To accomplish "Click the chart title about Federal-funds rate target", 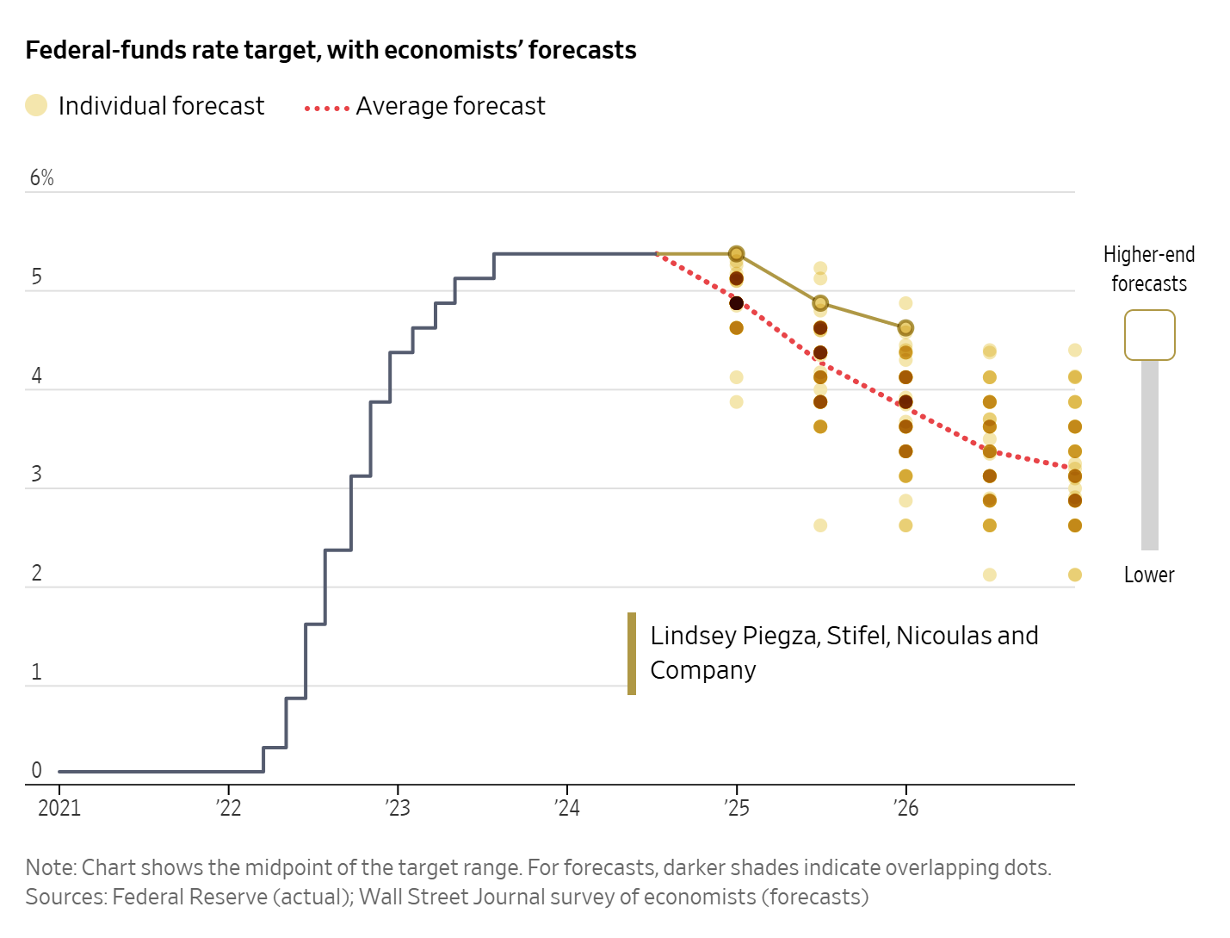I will (x=331, y=50).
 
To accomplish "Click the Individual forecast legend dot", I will (x=36, y=105).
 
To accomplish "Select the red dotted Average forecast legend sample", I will (x=327, y=109).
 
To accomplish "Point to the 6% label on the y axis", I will (x=41, y=177).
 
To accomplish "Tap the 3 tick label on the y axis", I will (x=36, y=475).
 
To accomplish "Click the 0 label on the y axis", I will (x=36, y=770).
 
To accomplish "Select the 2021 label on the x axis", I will (x=59, y=808).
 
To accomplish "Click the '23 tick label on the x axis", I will (x=398, y=808).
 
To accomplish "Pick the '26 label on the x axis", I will (x=906, y=808).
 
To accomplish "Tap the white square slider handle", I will (x=1149, y=335).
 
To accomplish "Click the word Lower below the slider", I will (x=1149, y=575).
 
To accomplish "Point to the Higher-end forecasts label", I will (x=1149, y=269).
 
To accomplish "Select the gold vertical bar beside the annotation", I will (x=632, y=653).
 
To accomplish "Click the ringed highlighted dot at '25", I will (x=736, y=254).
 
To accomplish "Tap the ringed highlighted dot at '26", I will (x=906, y=328).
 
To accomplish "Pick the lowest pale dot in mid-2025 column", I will (x=820, y=525).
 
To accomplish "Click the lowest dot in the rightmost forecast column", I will (x=1075, y=575).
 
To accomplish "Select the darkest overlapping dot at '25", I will (x=736, y=303).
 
